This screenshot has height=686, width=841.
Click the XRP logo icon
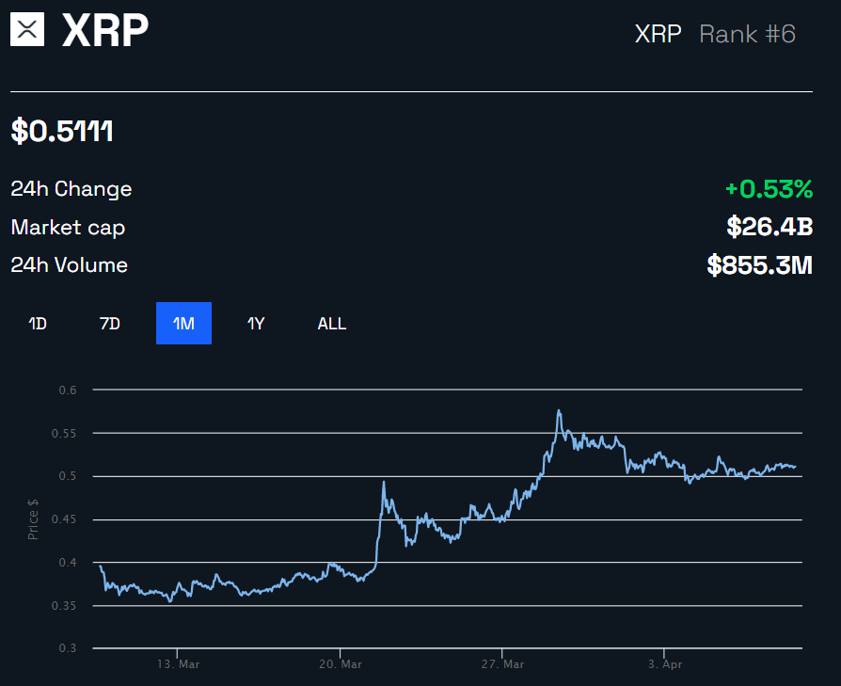28,30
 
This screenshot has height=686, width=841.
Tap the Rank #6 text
747,35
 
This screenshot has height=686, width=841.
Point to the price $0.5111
62,132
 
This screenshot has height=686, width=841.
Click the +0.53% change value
768,189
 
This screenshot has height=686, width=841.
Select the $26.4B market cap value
769,227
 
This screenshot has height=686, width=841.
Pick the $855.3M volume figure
759,265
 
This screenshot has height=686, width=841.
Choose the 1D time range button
38,324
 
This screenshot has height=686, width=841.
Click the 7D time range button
110,324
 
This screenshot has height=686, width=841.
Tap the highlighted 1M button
183,324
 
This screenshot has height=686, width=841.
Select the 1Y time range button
256,324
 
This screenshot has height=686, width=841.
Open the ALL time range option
331,324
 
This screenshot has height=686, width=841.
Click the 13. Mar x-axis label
178,664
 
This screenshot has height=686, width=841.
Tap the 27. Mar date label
501,664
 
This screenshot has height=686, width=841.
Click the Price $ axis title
34,518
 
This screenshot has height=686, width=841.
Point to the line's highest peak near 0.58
559,410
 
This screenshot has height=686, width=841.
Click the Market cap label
68,227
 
